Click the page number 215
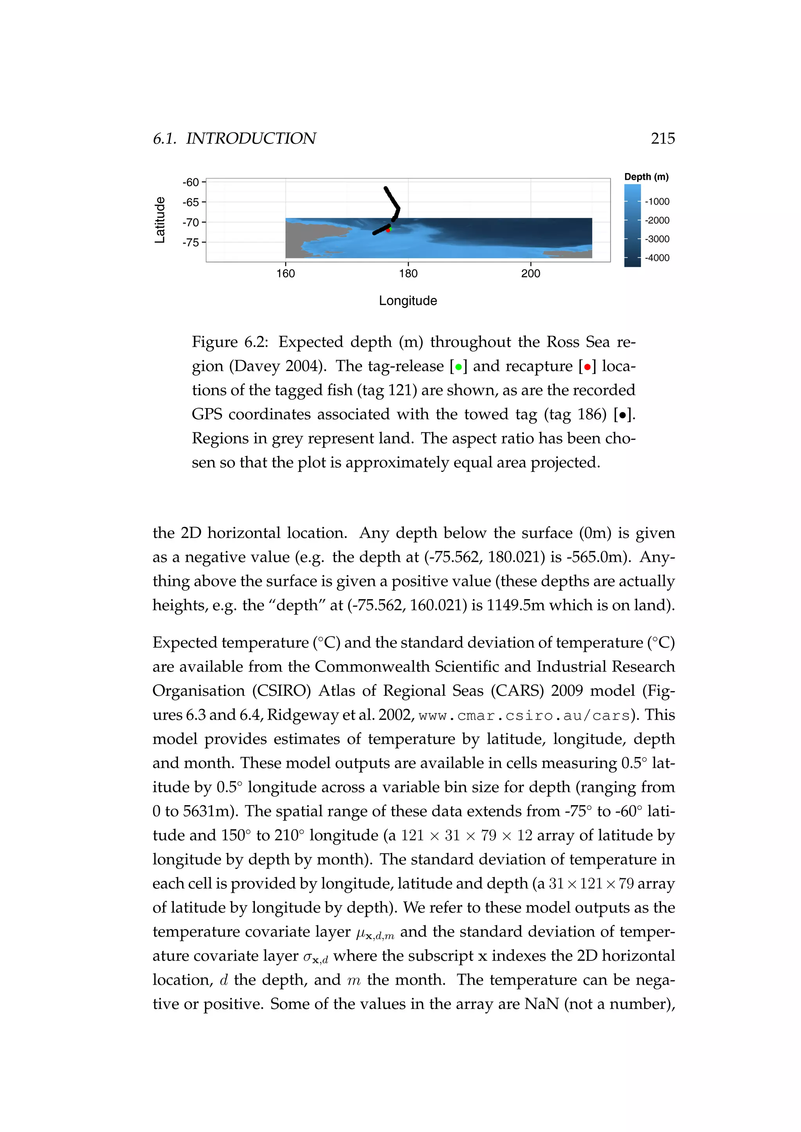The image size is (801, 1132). click(663, 138)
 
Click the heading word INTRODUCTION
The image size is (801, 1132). click(251, 138)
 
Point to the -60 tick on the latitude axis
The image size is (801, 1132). click(191, 183)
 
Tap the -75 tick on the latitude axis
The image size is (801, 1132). click(191, 243)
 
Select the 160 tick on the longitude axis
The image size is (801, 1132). click(286, 274)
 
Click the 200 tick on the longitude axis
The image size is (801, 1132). click(531, 274)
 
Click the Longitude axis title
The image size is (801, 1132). click(408, 301)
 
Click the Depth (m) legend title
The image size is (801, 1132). click(646, 177)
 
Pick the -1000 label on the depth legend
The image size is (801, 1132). click(657, 202)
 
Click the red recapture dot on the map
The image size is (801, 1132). click(388, 230)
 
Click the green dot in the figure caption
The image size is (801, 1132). click(459, 367)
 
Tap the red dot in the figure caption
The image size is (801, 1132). click(587, 367)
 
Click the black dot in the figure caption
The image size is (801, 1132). click(622, 415)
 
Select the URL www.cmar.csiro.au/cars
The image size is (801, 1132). click(524, 715)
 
